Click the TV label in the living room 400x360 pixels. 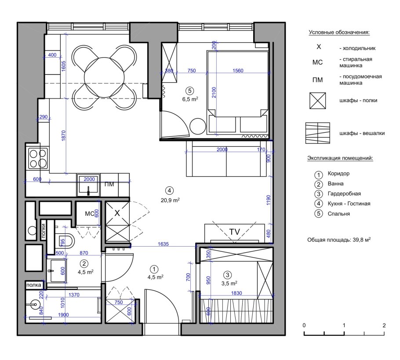[235, 232]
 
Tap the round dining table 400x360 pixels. [104, 77]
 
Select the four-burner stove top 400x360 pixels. [38, 158]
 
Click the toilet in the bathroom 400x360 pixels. [66, 241]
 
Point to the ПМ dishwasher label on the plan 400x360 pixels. [109, 184]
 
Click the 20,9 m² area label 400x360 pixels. [170, 200]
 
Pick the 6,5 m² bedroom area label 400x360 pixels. [190, 99]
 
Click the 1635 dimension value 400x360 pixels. [163, 244]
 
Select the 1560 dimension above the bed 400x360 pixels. [238, 70]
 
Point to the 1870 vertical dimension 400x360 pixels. [64, 135]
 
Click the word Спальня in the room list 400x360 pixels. [339, 214]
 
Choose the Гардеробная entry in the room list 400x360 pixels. [344, 194]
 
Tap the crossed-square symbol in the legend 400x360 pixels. [318, 101]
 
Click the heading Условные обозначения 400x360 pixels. [339, 33]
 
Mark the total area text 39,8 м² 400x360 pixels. [362, 240]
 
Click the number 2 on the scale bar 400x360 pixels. [384, 325]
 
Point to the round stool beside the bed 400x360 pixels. [198, 126]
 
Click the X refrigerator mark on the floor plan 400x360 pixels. [117, 213]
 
